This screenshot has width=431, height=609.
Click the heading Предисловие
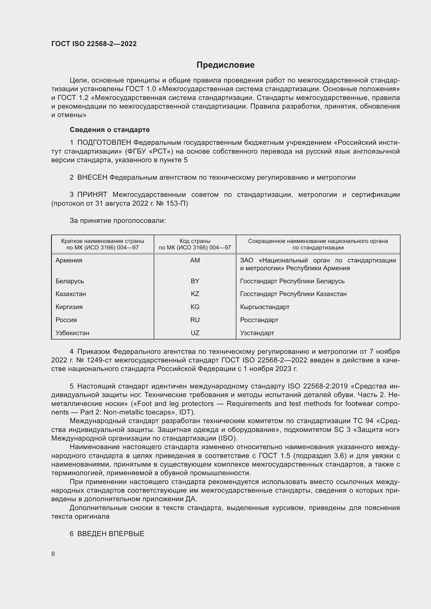(x=225, y=65)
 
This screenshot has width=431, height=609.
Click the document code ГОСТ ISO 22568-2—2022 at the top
(x=94, y=44)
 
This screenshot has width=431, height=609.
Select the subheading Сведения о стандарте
(x=110, y=130)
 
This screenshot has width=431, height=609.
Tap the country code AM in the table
(x=195, y=260)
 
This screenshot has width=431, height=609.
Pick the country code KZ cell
(x=195, y=294)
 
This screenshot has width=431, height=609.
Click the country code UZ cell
(x=195, y=333)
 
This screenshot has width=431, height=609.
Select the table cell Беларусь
(x=70, y=281)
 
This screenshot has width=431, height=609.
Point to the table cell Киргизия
(x=69, y=307)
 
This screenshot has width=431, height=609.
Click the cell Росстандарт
(x=259, y=320)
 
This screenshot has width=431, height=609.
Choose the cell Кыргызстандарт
(x=264, y=307)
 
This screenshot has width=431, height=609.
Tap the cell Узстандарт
(x=257, y=333)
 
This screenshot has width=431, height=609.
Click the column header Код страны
(x=195, y=241)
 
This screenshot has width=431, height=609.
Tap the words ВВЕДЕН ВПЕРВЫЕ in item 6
(x=111, y=534)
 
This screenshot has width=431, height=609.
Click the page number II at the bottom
(x=53, y=554)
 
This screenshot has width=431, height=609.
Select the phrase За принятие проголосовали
(x=118, y=221)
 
